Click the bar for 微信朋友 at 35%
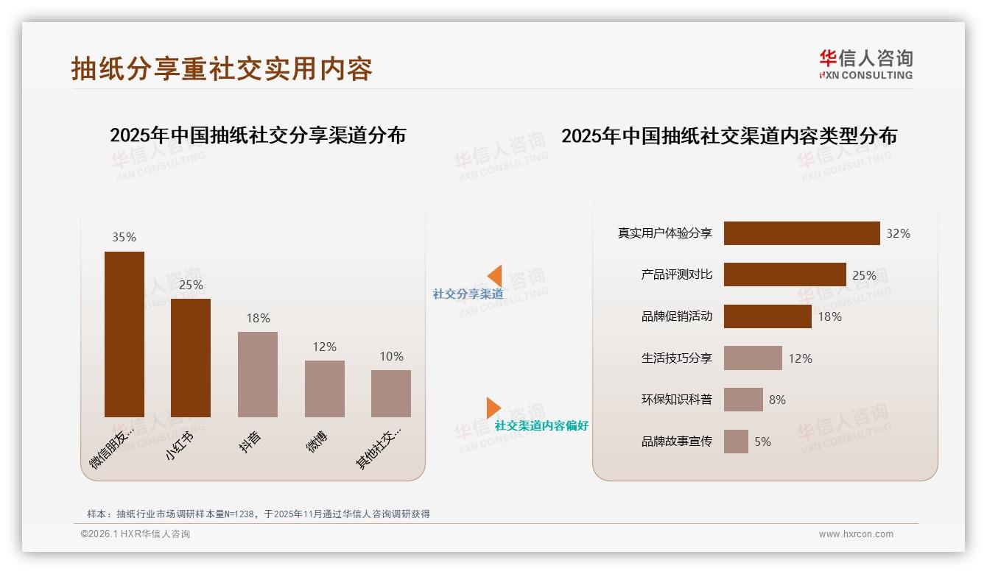[x=124, y=334]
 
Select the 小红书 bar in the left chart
[x=191, y=358]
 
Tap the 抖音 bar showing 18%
[x=258, y=374]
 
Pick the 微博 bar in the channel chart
[x=325, y=389]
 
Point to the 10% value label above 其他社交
[x=391, y=356]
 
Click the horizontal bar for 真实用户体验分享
[x=801, y=233]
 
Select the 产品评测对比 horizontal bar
[x=784, y=274]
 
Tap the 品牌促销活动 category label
[x=676, y=316]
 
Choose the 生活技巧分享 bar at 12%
[x=753, y=358]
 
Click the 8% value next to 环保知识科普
[x=777, y=400]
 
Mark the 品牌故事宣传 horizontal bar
[x=736, y=442]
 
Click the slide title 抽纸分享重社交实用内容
[x=222, y=68]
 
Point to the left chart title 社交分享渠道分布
[x=258, y=135]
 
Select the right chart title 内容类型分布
[x=729, y=136]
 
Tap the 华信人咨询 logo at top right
[x=865, y=65]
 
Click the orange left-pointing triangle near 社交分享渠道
[x=495, y=276]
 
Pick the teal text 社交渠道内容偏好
[x=541, y=425]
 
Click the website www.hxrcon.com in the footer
[x=856, y=534]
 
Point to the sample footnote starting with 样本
[x=258, y=514]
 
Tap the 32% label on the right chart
[x=898, y=233]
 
